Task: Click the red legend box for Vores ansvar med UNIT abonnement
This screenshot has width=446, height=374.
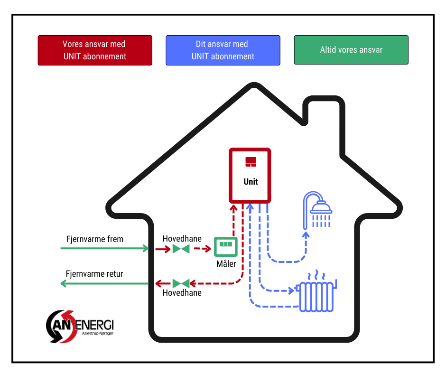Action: pos(95,50)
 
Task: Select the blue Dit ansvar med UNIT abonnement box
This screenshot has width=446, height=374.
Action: pos(223,50)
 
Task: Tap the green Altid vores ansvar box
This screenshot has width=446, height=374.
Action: pos(351,50)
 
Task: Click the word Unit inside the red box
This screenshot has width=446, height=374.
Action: pos(251,181)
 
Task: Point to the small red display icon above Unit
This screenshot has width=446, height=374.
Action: pos(251,162)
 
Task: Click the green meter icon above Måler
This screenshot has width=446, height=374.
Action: pos(225,246)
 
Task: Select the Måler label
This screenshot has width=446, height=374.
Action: pos(226,263)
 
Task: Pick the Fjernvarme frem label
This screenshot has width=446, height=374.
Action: pos(95,239)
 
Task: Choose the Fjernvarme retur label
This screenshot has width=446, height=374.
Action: pos(94,274)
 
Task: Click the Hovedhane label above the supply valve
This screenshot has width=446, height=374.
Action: pos(182,238)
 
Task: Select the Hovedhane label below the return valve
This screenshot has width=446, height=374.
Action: pos(182,293)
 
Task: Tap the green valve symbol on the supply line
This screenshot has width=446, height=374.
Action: pos(181,248)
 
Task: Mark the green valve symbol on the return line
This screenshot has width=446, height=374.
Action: pos(181,284)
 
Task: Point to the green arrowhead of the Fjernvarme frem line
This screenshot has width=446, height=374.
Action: pos(146,248)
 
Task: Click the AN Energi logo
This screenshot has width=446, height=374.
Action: pos(80,326)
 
